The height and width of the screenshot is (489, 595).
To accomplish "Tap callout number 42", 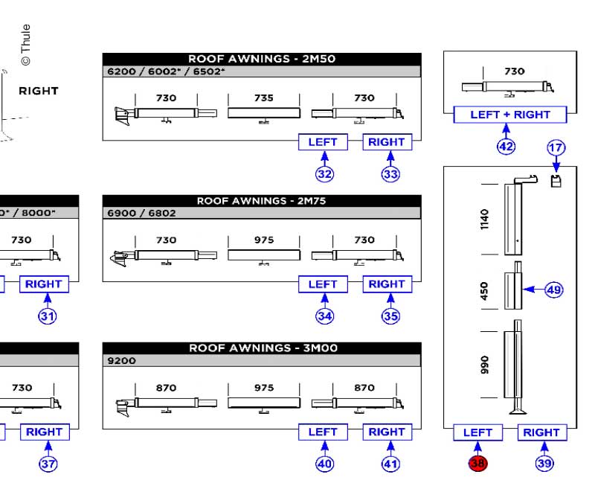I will pos(506,146).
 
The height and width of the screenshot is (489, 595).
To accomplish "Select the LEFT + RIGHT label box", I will pos(510,115).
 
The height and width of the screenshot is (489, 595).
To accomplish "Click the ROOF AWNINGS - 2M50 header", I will pos(262,59).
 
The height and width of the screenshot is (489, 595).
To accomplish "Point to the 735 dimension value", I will pos(263,98).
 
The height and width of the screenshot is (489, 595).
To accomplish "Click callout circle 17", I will pos(556,147).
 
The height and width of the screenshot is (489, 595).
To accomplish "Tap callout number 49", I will pos(553,290).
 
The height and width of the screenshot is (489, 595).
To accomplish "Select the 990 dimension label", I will pos(485,364).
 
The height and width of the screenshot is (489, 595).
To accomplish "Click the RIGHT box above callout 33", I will pos(387,142).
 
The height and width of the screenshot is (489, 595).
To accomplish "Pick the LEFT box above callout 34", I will pos(323,284).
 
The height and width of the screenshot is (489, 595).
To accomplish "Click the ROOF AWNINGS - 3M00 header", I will pos(262,348).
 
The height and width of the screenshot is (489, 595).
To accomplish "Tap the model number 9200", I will pos(122,361).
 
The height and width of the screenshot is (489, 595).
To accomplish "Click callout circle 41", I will pos(390,464).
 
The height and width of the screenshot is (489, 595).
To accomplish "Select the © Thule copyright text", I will pos(26,44).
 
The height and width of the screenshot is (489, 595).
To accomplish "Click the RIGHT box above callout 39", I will pos(541,432).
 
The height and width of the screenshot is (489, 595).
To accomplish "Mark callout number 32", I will pos(324,173).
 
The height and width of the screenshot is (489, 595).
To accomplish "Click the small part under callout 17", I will pos(555,181).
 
